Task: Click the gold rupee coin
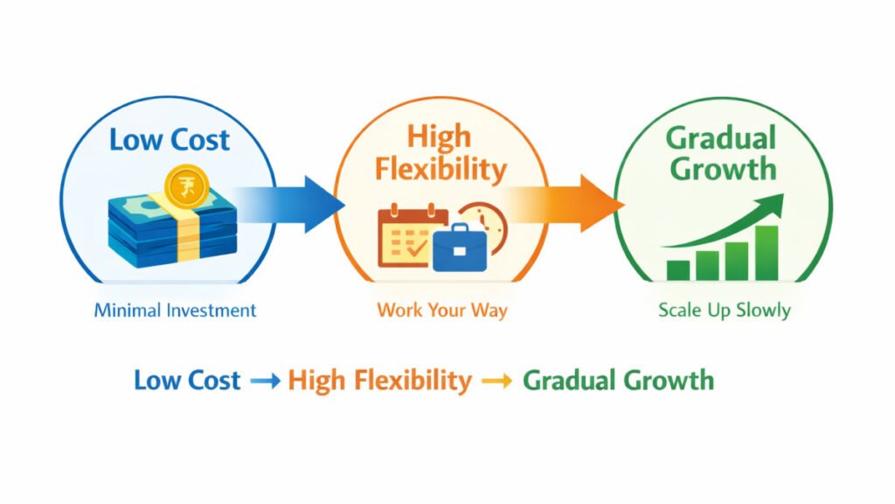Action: click(187, 186)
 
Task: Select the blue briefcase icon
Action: click(460, 248)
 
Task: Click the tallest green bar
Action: click(767, 253)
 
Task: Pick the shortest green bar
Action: click(678, 270)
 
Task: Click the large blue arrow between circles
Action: click(289, 204)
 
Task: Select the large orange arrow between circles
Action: click(565, 204)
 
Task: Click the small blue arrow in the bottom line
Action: click(266, 381)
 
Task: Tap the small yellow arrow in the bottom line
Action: click(497, 381)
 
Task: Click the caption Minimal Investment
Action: click(175, 311)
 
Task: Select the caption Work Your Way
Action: click(441, 311)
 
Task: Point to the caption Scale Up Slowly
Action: click(725, 311)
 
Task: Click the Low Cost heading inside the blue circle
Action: click(170, 140)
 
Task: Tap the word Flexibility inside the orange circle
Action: click(441, 170)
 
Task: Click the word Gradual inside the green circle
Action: click(721, 138)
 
